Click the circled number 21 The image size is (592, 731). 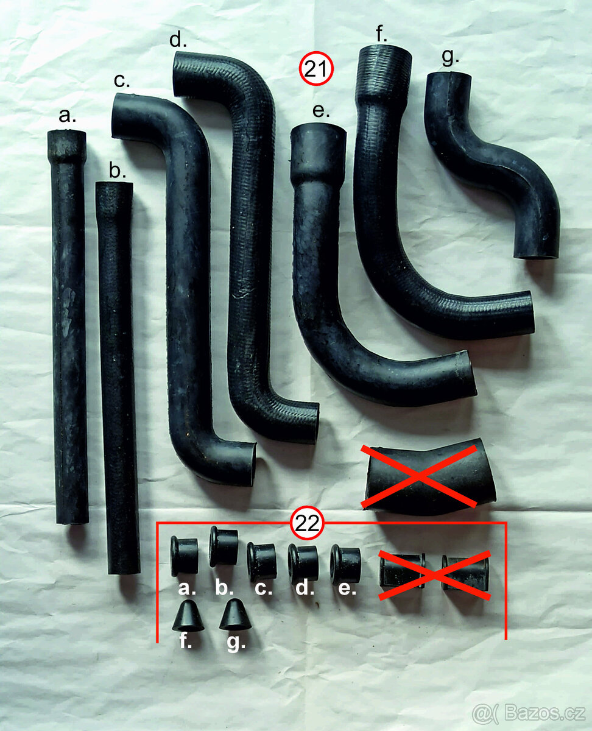click(315, 69)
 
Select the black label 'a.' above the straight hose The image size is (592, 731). click(67, 115)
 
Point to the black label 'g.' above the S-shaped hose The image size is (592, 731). click(450, 57)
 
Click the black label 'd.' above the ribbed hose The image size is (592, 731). click(178, 40)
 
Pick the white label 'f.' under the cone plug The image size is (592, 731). click(186, 640)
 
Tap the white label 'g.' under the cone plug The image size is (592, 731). click(236, 643)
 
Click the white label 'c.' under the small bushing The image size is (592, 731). click(264, 588)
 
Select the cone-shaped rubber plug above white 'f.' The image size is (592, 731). click(188, 615)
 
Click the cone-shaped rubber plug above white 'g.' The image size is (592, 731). click(234, 615)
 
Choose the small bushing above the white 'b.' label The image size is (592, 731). click(224, 546)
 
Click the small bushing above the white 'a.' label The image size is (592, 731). click(185, 556)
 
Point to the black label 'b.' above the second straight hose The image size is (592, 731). click(118, 170)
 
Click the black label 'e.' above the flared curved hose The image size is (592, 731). click(321, 111)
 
